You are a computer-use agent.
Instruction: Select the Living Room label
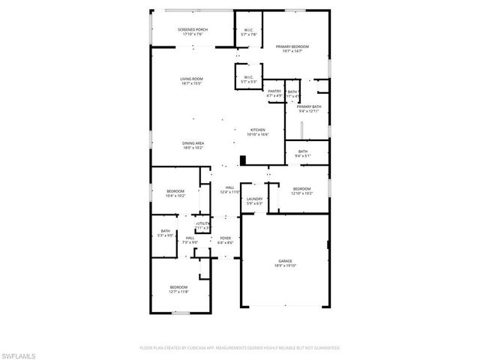pos(192,80)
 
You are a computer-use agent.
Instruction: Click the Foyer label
pos(225,239)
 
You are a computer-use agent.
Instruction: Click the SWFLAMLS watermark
pos(19,352)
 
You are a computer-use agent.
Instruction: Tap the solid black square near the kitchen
pos(242,159)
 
